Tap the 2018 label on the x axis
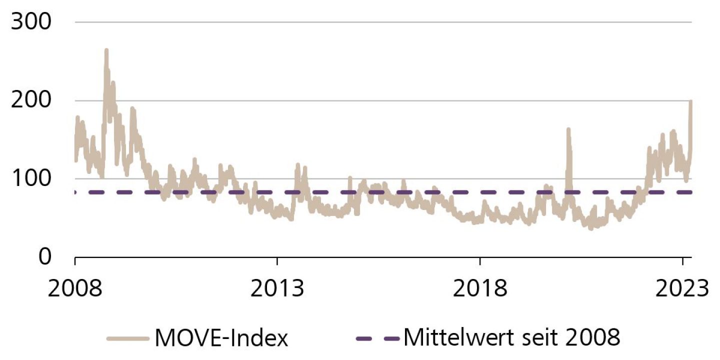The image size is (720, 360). pos(479,288)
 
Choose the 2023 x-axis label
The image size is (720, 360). pos(682,288)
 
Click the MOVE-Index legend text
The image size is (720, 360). pos(221,338)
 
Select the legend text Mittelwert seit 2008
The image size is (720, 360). pos(512,338)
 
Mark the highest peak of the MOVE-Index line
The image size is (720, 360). pos(106,50)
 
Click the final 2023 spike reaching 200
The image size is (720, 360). pos(690,102)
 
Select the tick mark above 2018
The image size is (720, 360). pos(479,260)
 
